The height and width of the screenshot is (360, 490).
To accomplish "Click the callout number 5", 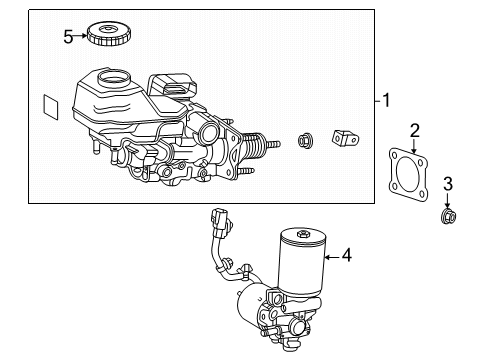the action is coord(68,37).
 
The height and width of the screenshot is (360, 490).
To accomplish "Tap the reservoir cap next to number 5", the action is coord(109,35).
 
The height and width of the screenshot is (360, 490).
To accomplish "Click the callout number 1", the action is coord(386,100).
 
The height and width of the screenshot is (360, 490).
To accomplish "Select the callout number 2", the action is coord(414,130).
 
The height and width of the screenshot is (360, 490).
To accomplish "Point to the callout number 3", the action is coord(448,184).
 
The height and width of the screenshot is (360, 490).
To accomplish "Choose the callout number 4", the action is coord(347,255).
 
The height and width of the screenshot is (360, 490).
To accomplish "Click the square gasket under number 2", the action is coord(408,175).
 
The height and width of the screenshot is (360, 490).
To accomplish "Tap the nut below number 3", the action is coord(447,216).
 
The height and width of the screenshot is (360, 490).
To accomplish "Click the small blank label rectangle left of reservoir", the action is coord(51,106).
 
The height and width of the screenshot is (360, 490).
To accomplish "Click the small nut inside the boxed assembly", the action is coord(306,140).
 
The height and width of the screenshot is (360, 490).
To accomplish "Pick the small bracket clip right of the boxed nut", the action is coord(345,138).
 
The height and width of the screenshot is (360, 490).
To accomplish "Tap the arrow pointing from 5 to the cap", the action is coord(80,36).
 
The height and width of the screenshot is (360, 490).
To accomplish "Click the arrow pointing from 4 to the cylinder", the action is coord(332,257).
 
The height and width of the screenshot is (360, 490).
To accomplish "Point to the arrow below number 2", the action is coord(414,146).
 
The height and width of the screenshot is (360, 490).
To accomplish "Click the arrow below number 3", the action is coord(447,200).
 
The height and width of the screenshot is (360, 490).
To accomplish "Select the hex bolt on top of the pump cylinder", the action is coord(302,234).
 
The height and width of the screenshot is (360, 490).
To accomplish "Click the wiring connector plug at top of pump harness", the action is coord(220,220).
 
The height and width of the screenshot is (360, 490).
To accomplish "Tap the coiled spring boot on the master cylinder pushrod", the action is coord(255,146).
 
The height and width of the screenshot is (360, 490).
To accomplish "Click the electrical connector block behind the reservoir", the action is coord(172,86).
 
